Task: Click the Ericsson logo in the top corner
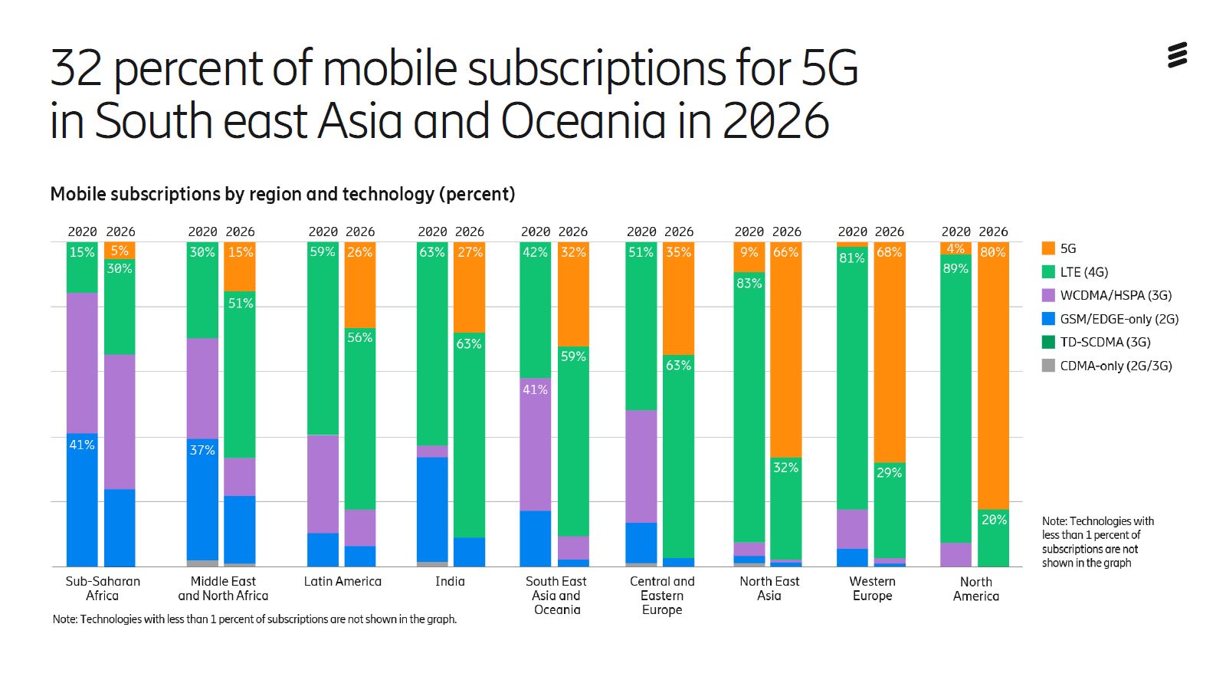click(x=1177, y=56)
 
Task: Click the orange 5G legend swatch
click(x=1048, y=248)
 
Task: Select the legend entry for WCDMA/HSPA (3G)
click(x=1115, y=295)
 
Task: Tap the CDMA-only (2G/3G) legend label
click(x=1115, y=366)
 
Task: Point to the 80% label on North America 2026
click(x=992, y=252)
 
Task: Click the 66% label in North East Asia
click(x=785, y=252)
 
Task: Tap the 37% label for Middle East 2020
click(x=202, y=450)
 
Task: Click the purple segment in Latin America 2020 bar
click(x=323, y=484)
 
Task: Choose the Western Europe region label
click(x=872, y=589)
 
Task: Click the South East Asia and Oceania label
click(x=556, y=596)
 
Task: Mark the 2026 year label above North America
click(x=993, y=231)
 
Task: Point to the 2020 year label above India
click(x=432, y=231)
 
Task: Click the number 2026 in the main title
click(x=775, y=121)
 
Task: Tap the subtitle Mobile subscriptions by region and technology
click(x=282, y=194)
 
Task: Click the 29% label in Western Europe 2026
click(x=889, y=473)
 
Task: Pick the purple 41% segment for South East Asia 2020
click(x=535, y=445)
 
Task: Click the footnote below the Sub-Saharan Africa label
click(x=254, y=619)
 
